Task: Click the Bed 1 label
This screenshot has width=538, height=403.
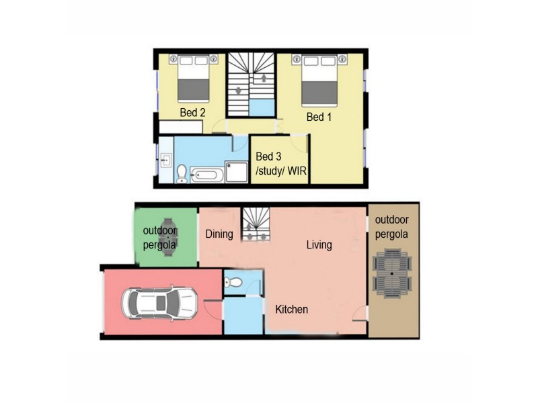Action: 319,117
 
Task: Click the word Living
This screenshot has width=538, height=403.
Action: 319,244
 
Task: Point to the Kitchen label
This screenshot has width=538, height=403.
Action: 291,310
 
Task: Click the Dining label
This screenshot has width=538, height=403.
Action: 219,234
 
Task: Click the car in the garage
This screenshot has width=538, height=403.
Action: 159,303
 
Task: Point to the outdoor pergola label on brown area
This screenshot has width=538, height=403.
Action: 393,227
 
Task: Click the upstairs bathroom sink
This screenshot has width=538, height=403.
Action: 165,161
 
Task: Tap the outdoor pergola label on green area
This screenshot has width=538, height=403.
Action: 159,238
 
